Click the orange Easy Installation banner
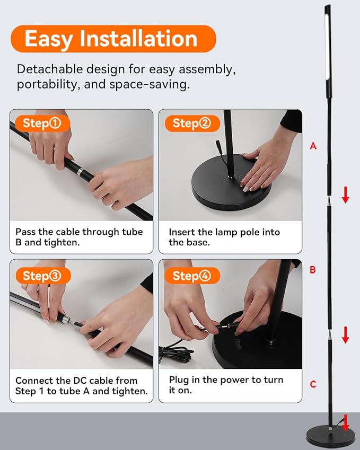click(113, 39)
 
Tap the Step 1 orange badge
click(42, 123)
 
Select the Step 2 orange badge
click(192, 123)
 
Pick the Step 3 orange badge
click(43, 276)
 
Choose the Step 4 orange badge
click(192, 276)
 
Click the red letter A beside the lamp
click(313, 146)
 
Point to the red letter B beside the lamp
click(313, 269)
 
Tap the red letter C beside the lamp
click(313, 384)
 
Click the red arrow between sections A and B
click(345, 195)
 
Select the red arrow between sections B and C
click(345, 335)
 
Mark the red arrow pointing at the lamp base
click(345, 423)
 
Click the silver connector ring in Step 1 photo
click(80, 172)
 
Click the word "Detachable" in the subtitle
click(50, 69)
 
